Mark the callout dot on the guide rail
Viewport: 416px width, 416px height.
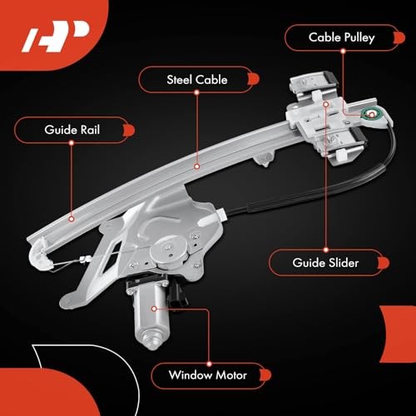[x=72, y=220]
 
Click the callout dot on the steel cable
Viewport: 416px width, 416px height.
[x=196, y=166]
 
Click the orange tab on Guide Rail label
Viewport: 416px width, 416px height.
[x=128, y=129]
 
